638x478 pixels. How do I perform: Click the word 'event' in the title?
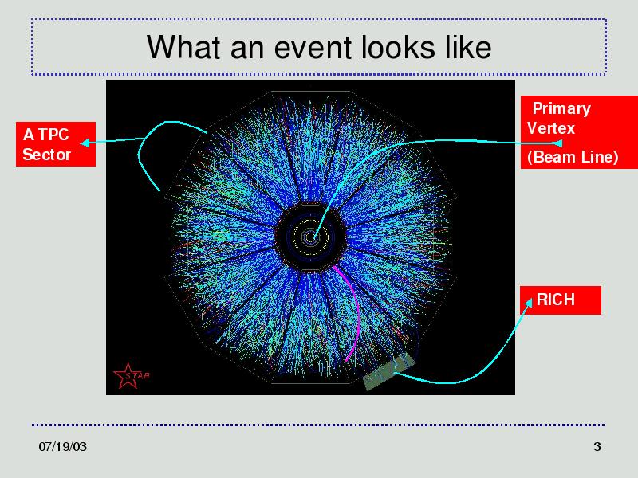click(313, 48)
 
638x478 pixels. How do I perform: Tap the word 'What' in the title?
click(183, 47)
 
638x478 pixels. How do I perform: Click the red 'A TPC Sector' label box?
click(56, 144)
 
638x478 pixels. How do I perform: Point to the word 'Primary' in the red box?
click(561, 108)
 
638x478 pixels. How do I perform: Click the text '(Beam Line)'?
click(573, 157)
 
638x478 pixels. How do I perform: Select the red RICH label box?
click(561, 300)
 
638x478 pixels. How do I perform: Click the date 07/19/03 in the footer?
click(63, 446)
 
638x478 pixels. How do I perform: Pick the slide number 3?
click(597, 446)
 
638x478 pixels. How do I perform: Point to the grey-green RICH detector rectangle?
click(389, 370)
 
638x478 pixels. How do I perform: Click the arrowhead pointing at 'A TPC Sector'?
click(85, 143)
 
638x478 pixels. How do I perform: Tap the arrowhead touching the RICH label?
click(528, 303)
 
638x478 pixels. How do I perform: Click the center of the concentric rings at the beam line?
click(310, 237)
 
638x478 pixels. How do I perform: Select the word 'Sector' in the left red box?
click(47, 155)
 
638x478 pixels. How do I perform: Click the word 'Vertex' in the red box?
click(550, 128)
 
